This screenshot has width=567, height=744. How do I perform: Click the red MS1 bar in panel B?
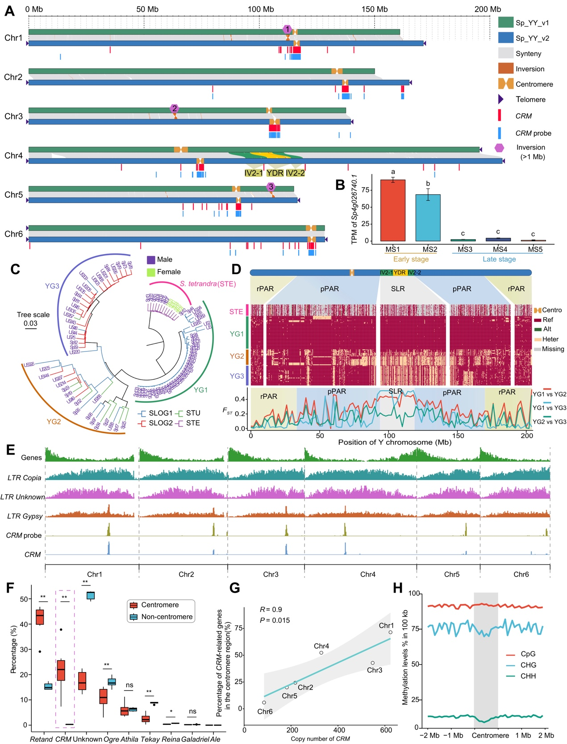(x=392, y=210)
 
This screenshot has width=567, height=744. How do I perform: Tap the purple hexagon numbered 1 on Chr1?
(x=288, y=29)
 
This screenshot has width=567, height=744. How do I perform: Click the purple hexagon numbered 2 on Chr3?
(x=175, y=109)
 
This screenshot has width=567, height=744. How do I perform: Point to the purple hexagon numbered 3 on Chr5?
(x=271, y=187)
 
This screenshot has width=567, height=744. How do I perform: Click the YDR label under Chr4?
(x=275, y=173)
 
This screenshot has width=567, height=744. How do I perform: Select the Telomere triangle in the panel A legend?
(x=501, y=100)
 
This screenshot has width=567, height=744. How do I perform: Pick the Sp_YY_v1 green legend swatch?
(x=505, y=23)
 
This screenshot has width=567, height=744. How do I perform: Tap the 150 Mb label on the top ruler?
(x=374, y=9)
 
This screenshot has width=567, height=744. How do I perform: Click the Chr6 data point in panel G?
(x=264, y=702)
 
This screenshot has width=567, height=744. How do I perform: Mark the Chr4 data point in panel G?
(x=321, y=653)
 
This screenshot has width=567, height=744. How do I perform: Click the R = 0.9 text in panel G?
(x=271, y=610)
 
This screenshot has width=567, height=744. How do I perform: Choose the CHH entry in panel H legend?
(x=528, y=676)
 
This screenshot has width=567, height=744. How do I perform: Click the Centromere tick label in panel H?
(x=490, y=736)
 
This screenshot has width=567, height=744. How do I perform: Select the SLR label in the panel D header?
(x=398, y=289)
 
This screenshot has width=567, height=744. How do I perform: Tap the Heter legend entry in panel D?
(x=550, y=339)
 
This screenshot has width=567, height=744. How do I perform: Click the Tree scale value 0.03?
(x=31, y=323)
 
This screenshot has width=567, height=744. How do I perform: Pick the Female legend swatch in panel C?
(x=151, y=272)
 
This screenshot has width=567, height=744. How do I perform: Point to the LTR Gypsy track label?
(x=25, y=516)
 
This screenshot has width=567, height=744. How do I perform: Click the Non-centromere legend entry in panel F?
(x=167, y=617)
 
